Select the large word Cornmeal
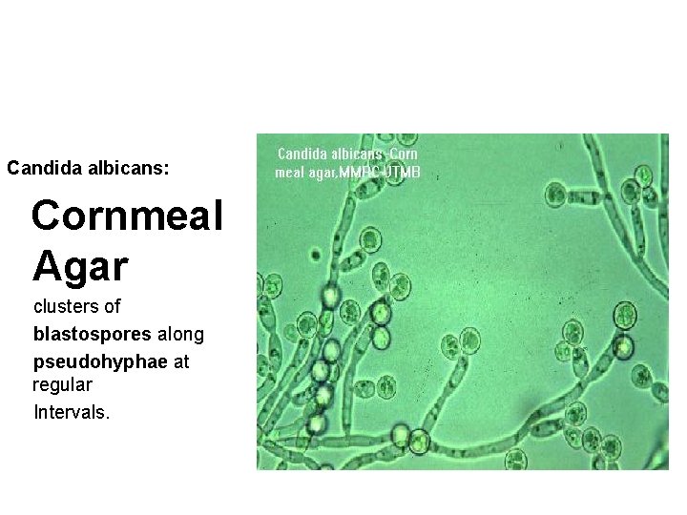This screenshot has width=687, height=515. (x=127, y=216)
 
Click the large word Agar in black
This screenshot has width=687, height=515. (x=80, y=266)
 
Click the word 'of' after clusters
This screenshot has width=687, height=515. (x=112, y=307)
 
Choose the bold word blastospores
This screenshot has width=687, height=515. (x=93, y=335)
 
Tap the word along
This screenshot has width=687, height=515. (x=179, y=335)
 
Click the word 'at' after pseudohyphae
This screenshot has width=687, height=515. (x=181, y=362)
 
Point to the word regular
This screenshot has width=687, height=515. (x=62, y=386)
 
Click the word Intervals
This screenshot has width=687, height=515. (x=72, y=413)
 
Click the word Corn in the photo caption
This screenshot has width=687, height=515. (x=405, y=154)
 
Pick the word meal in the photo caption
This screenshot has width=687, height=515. (x=289, y=173)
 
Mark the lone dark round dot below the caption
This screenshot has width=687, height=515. (x=315, y=254)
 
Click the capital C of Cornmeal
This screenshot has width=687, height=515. (x=47, y=216)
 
